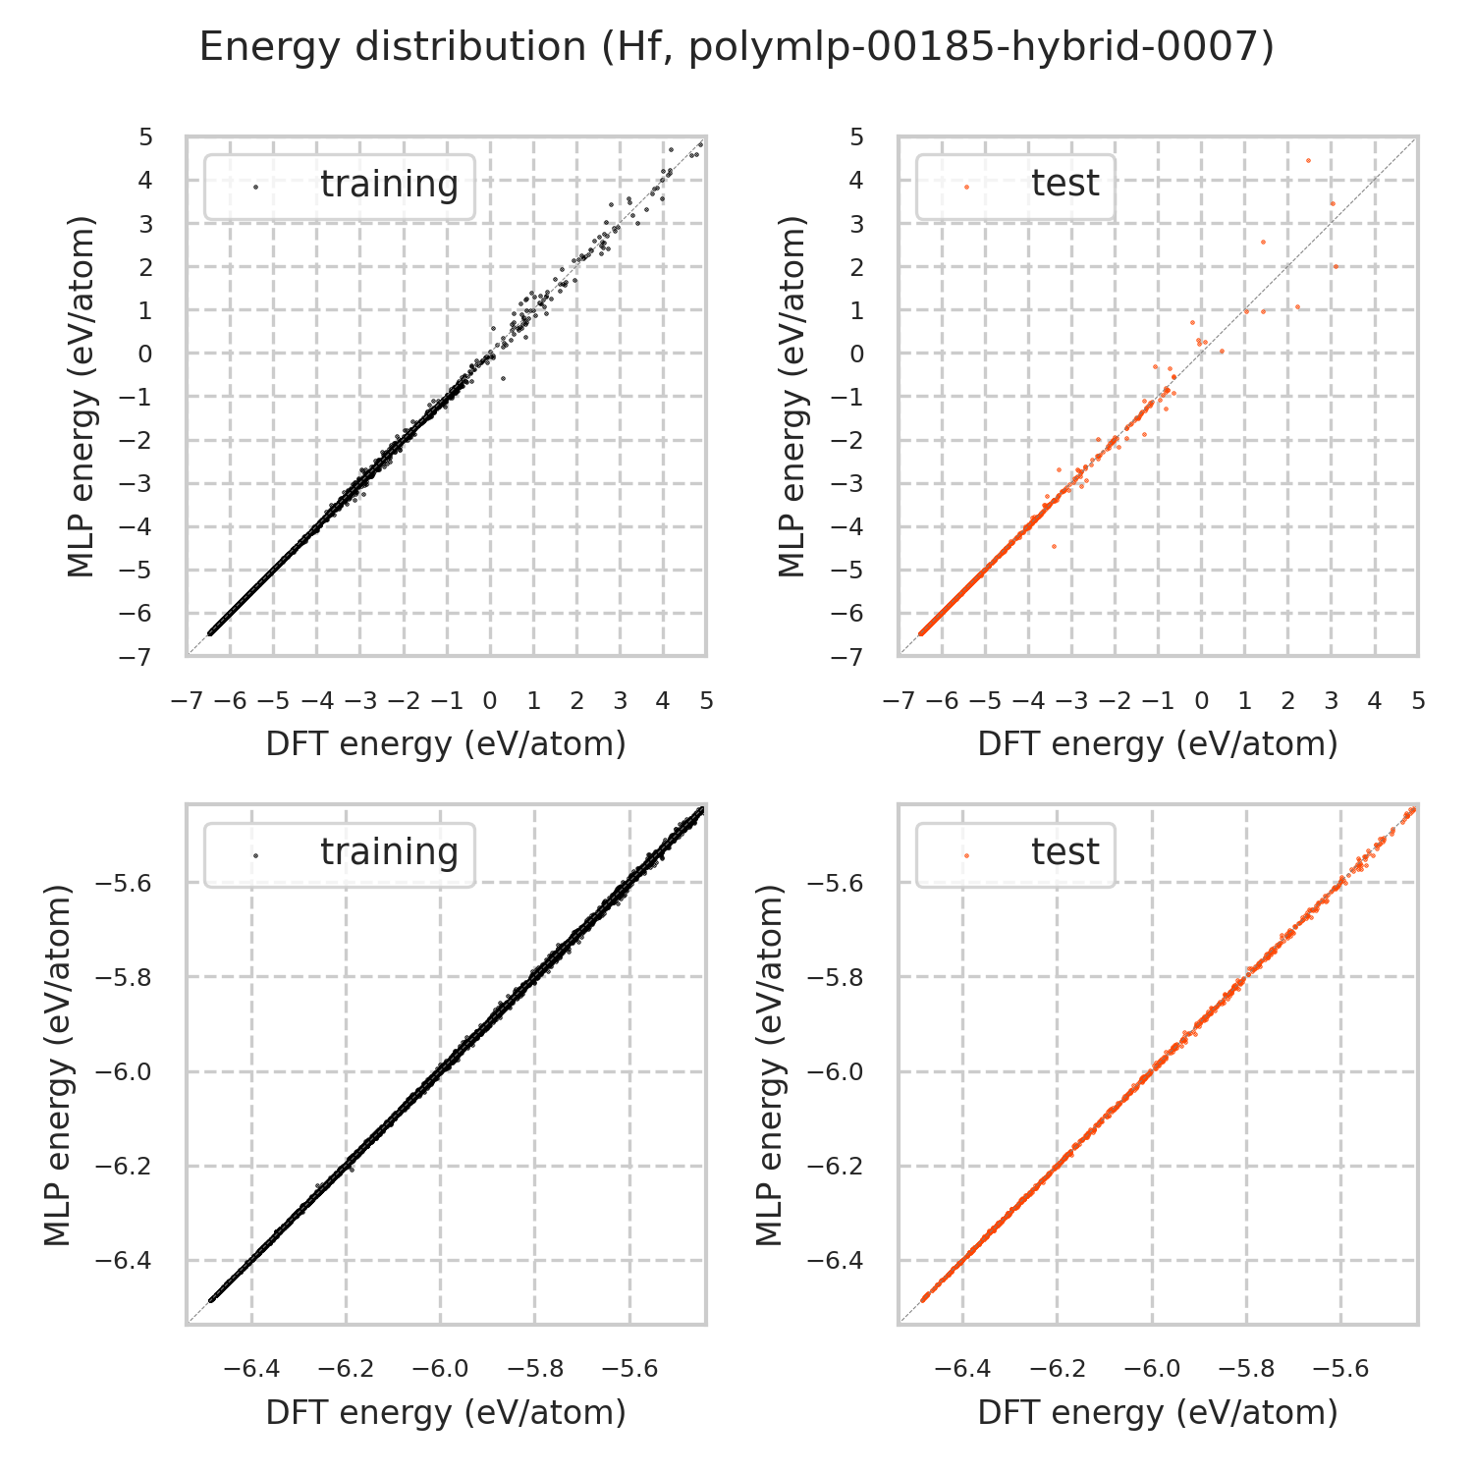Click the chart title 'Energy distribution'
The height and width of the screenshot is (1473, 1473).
(736, 47)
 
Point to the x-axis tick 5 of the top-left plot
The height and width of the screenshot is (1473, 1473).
(706, 701)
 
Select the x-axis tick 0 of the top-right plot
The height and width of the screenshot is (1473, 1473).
(1201, 701)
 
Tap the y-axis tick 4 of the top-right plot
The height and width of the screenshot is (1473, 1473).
(856, 180)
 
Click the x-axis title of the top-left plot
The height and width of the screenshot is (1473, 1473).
(446, 744)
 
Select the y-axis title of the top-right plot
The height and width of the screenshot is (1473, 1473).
(791, 397)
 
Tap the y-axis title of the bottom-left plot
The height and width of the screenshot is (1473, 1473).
(60, 1065)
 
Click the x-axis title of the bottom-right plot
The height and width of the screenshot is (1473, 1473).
(1158, 1412)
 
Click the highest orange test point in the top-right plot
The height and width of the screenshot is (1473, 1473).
(1308, 160)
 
